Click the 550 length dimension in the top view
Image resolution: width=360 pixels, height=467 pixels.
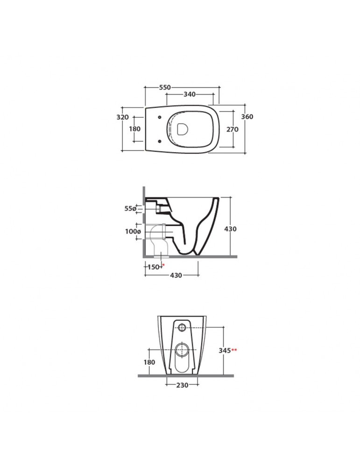(165, 87)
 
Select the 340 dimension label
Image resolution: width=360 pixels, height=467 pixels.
(190, 94)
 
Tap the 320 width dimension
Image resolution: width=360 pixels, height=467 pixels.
(122, 117)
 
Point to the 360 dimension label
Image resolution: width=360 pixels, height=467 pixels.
(247, 116)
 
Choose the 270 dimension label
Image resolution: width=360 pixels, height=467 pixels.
(232, 129)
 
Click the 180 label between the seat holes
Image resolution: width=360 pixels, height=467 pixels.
(134, 129)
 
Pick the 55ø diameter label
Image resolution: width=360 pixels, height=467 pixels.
(130, 208)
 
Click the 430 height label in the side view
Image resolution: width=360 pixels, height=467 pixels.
(230, 229)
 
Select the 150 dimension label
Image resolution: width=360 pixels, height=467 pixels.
(154, 267)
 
